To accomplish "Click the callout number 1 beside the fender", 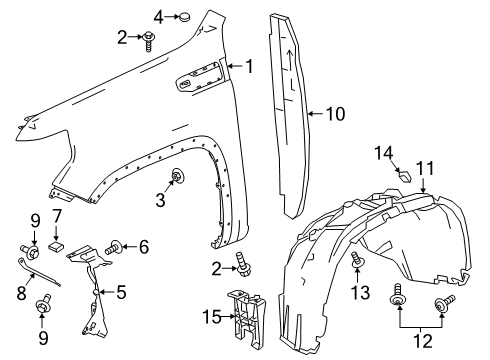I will pos(250,67).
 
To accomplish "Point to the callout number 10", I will pos(334,114).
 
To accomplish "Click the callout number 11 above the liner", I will pos(424,169).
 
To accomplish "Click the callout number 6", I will pos(144,246).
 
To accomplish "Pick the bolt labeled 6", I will pos(118,245).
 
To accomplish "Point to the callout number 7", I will pos(57,217).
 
